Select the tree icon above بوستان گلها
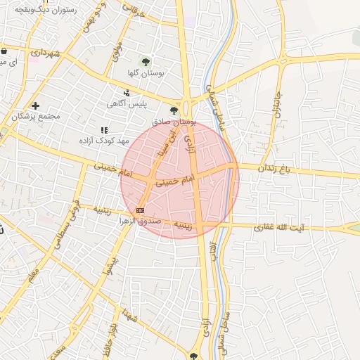point(146,61)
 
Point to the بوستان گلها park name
point(147,73)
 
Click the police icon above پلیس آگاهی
point(127,93)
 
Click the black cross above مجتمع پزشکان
point(35,105)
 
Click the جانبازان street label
point(269,102)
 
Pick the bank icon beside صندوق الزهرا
point(140,210)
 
